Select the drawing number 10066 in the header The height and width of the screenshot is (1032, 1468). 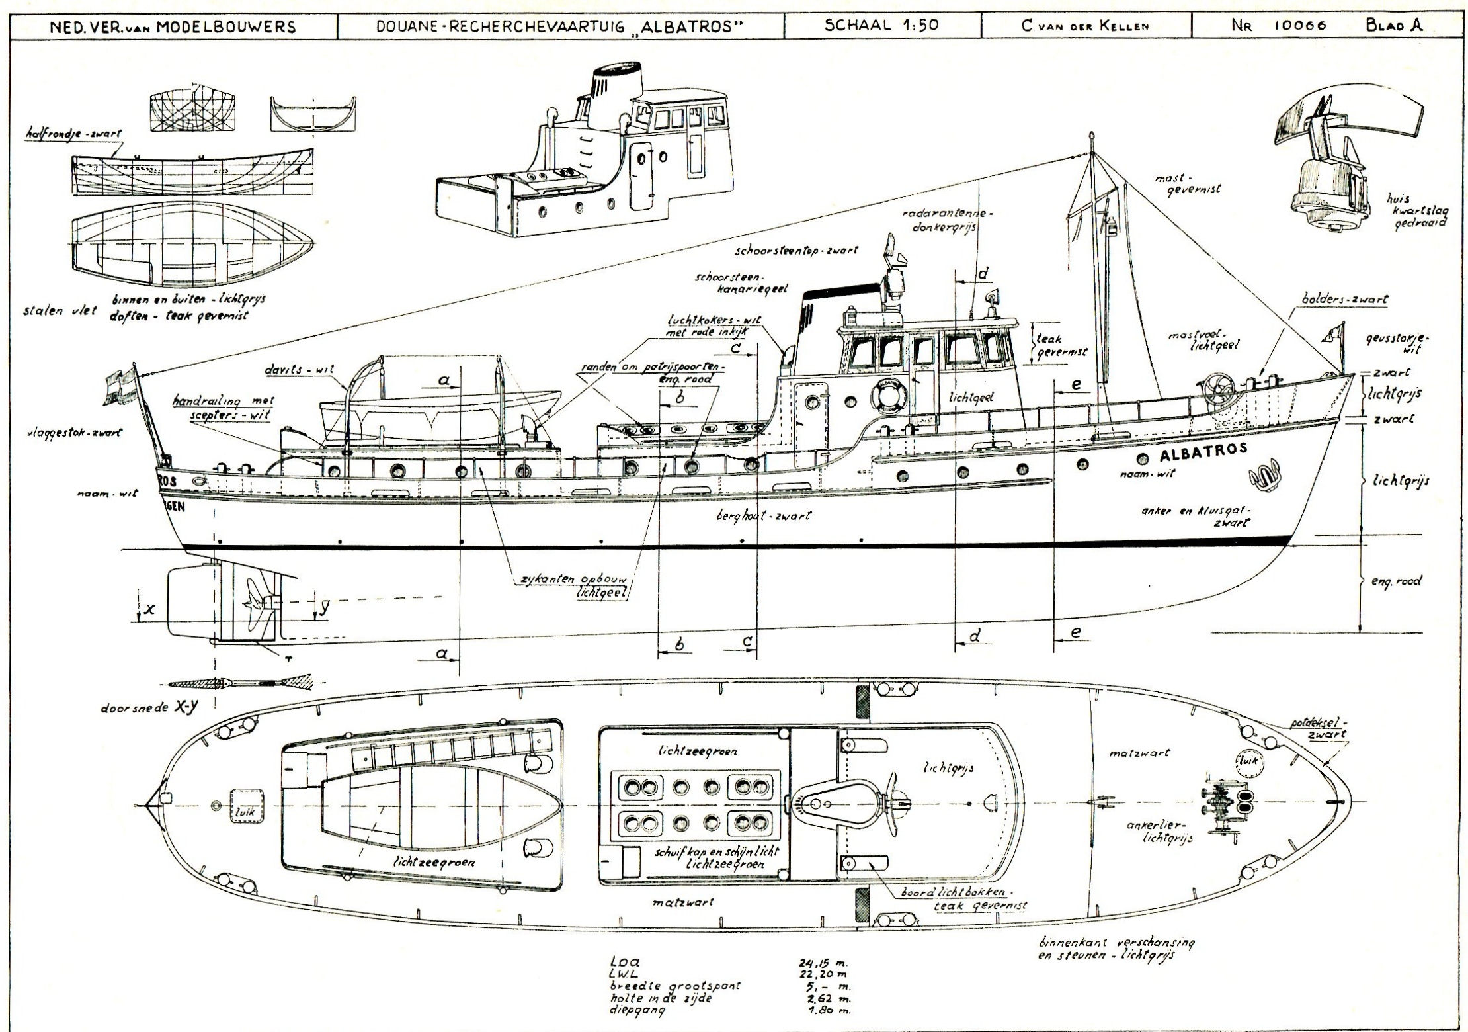1297,26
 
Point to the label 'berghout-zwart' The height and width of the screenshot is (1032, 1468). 763,515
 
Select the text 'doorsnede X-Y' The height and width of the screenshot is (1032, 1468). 149,706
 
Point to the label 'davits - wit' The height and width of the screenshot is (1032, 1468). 308,370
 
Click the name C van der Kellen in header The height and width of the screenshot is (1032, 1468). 1085,26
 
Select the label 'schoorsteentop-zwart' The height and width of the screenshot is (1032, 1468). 796,251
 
